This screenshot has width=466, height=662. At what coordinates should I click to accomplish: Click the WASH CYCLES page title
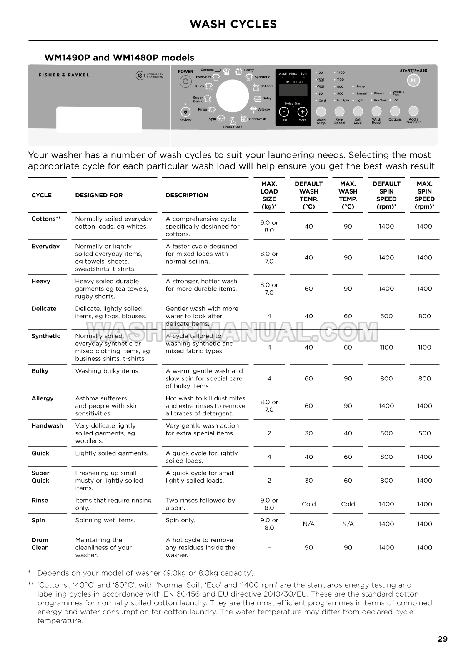coord(233,24)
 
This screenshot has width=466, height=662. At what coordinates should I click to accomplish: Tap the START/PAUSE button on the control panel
coord(413,81)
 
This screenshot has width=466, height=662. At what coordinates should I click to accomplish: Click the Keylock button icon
coord(185,112)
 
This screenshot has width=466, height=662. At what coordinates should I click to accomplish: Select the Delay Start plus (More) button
coord(302,112)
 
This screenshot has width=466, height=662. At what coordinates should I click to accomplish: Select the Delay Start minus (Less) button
coord(284,112)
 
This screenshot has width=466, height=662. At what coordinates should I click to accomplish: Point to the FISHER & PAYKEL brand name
coord(64,75)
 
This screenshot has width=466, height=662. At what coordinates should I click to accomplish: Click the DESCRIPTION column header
coord(187,195)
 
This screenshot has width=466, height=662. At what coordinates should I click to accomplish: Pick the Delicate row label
coord(44,309)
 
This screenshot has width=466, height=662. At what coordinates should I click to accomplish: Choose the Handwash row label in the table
coord(47,426)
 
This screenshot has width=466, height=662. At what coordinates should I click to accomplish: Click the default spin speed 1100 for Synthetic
coord(386,347)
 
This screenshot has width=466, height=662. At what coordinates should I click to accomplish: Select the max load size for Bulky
coord(269,378)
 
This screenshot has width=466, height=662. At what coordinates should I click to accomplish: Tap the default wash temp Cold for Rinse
coord(308,504)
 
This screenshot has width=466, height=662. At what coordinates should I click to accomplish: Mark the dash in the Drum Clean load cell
coord(269,547)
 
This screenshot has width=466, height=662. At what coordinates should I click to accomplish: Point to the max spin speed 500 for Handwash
coord(424,433)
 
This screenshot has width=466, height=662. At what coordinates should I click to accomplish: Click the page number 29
coord(443,639)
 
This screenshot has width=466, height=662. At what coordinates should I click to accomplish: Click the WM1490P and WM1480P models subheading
coord(119,58)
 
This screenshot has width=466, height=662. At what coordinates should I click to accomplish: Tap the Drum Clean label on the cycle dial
coord(232,127)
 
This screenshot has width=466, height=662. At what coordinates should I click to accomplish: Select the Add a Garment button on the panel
coord(413,111)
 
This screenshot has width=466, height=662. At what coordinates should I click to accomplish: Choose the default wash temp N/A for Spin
coord(308,524)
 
